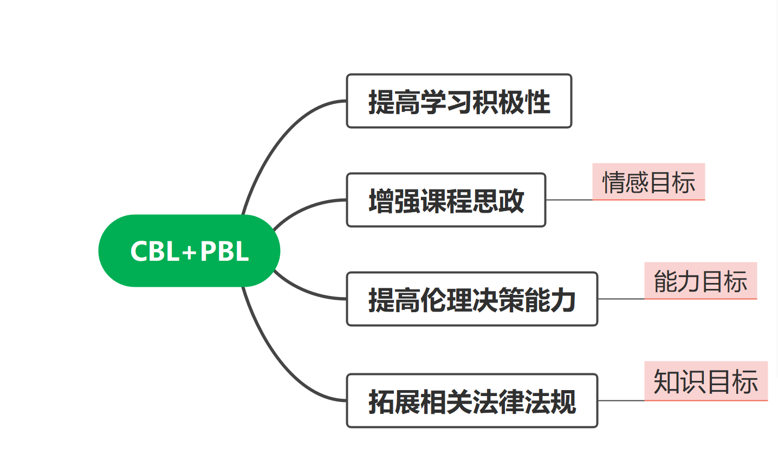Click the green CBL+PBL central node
(x=189, y=251)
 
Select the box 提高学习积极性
(x=459, y=101)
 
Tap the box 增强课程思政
(x=446, y=200)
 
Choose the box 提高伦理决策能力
(x=472, y=299)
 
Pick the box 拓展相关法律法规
(x=472, y=401)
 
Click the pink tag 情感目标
(x=649, y=182)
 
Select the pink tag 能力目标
(x=701, y=281)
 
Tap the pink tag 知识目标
(x=706, y=381)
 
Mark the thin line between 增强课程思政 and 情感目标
(x=569, y=200)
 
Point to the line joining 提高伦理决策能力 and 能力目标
(x=621, y=299)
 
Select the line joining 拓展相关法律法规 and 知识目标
(x=621, y=401)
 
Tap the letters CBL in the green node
(x=155, y=252)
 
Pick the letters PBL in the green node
(x=224, y=252)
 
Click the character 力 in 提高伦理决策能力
(x=563, y=300)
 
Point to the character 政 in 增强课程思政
(x=511, y=201)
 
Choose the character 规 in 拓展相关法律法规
(x=563, y=402)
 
